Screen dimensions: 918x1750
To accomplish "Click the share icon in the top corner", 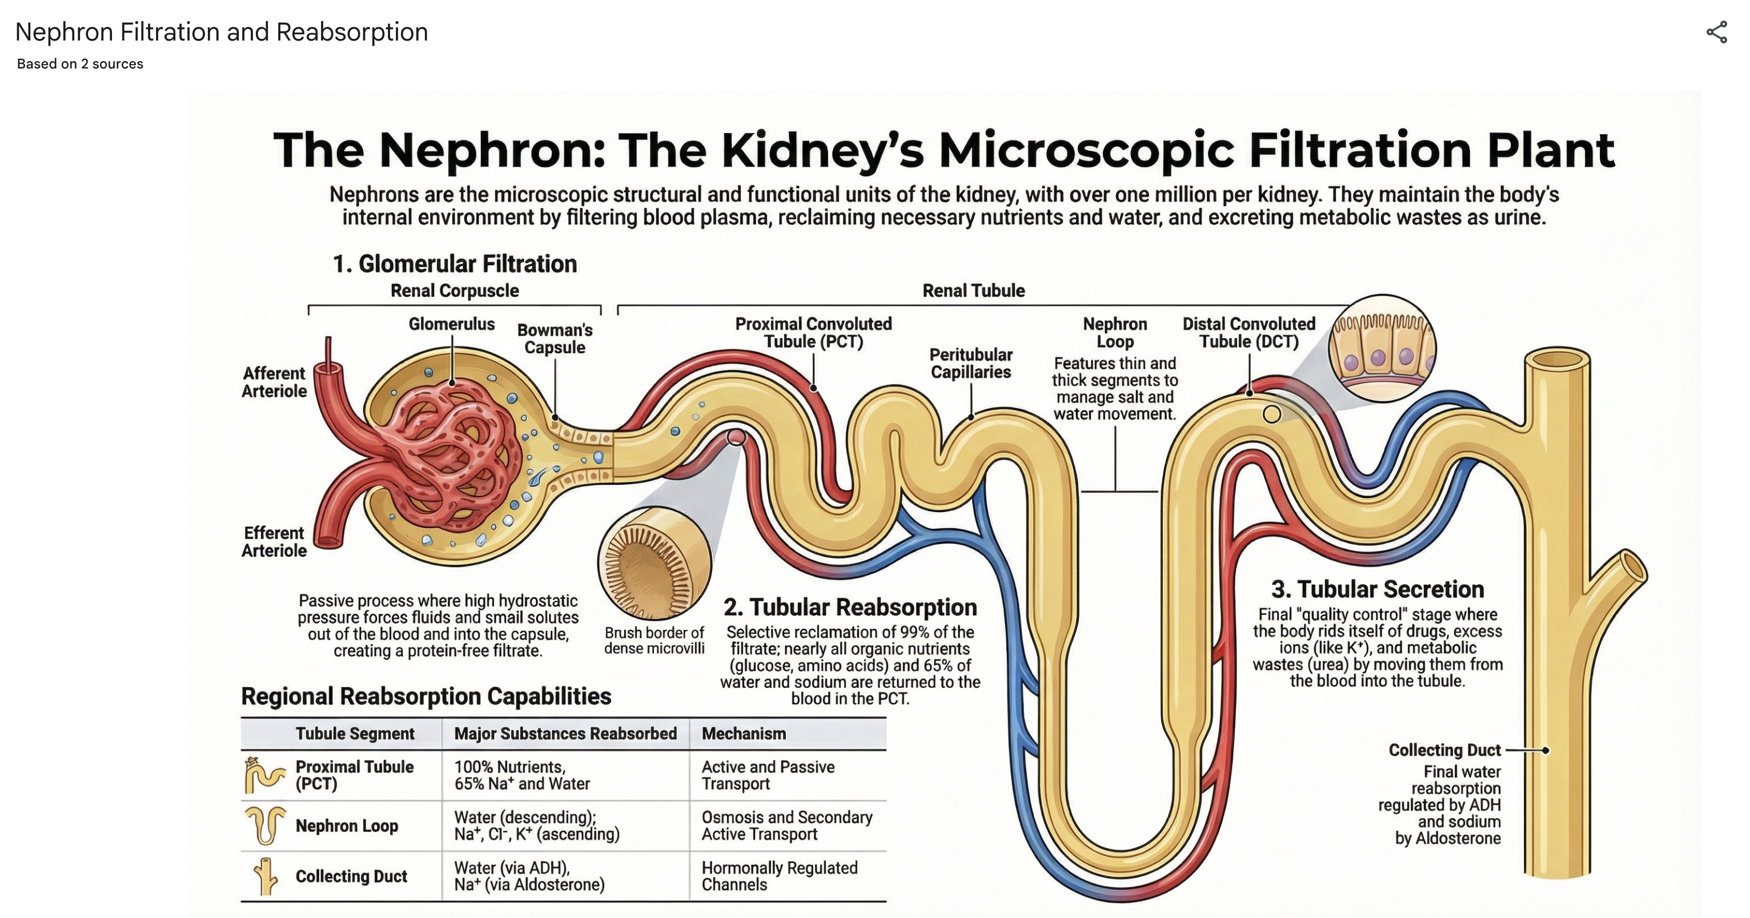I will [x=1717, y=32].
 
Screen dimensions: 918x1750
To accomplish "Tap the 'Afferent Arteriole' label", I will [x=275, y=382].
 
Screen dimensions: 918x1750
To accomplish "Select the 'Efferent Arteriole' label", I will [x=275, y=542].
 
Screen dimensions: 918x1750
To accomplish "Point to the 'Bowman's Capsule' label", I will [x=555, y=339].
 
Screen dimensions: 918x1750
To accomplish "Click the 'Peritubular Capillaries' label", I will [x=971, y=363].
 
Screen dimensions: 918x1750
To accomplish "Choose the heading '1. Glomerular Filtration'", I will [x=455, y=263].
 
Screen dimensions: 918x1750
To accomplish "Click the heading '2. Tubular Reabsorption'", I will [x=850, y=607].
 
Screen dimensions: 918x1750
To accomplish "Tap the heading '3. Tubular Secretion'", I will [x=1377, y=589].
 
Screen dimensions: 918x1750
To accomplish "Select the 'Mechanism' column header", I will [x=744, y=733].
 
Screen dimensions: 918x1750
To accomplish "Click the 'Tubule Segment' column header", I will [x=355, y=733].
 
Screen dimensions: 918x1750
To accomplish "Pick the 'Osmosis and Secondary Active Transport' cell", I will [x=786, y=826].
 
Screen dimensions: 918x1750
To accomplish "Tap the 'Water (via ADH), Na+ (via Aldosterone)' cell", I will [x=529, y=876].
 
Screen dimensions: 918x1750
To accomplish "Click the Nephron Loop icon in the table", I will [x=265, y=825].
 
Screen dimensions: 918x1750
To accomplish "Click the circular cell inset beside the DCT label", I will [x=1383, y=348].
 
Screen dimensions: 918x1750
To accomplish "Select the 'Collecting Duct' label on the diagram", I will [x=1444, y=750].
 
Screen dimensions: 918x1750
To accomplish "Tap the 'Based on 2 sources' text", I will [x=80, y=64].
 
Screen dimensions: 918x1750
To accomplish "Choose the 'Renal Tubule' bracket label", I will [x=973, y=291].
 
